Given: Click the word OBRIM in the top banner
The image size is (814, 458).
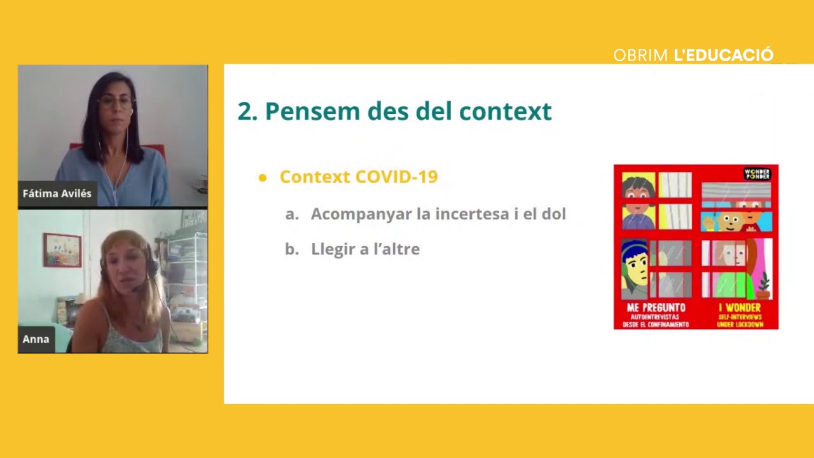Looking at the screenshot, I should tap(641, 55).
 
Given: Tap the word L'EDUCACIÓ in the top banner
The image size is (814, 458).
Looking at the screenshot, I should tap(723, 55).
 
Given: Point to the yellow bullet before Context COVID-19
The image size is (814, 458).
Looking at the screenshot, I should tap(263, 177).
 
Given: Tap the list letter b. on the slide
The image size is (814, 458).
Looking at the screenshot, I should tap(292, 249).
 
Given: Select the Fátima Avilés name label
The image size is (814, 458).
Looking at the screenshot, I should tap(57, 194).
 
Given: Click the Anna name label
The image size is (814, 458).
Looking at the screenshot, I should tap(36, 339).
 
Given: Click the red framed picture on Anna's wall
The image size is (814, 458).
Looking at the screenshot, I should tap(62, 250).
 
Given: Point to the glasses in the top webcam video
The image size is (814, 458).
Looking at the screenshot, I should tap(115, 102).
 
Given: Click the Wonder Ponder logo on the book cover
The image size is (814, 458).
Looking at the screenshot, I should tap(757, 174).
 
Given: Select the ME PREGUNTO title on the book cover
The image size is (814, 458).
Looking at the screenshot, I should tap(656, 308).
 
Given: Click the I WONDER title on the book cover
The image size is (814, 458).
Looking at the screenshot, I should tap(739, 308).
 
